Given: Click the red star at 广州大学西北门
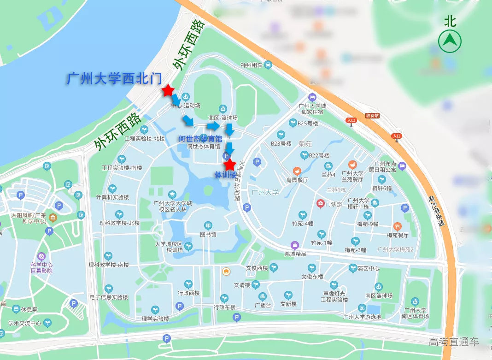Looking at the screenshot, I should (168, 90).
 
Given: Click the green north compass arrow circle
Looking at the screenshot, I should (450, 42).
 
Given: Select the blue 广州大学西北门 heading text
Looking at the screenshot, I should (113, 79).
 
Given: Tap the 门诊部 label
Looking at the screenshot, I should (333, 204).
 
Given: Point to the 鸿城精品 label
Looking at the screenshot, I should (295, 254).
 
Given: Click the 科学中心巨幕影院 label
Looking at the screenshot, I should (41, 267).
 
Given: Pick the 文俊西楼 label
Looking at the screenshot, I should (257, 268).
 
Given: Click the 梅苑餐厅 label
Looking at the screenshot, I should (398, 235).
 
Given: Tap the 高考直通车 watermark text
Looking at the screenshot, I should (454, 342).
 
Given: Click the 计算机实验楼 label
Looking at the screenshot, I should (112, 197).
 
